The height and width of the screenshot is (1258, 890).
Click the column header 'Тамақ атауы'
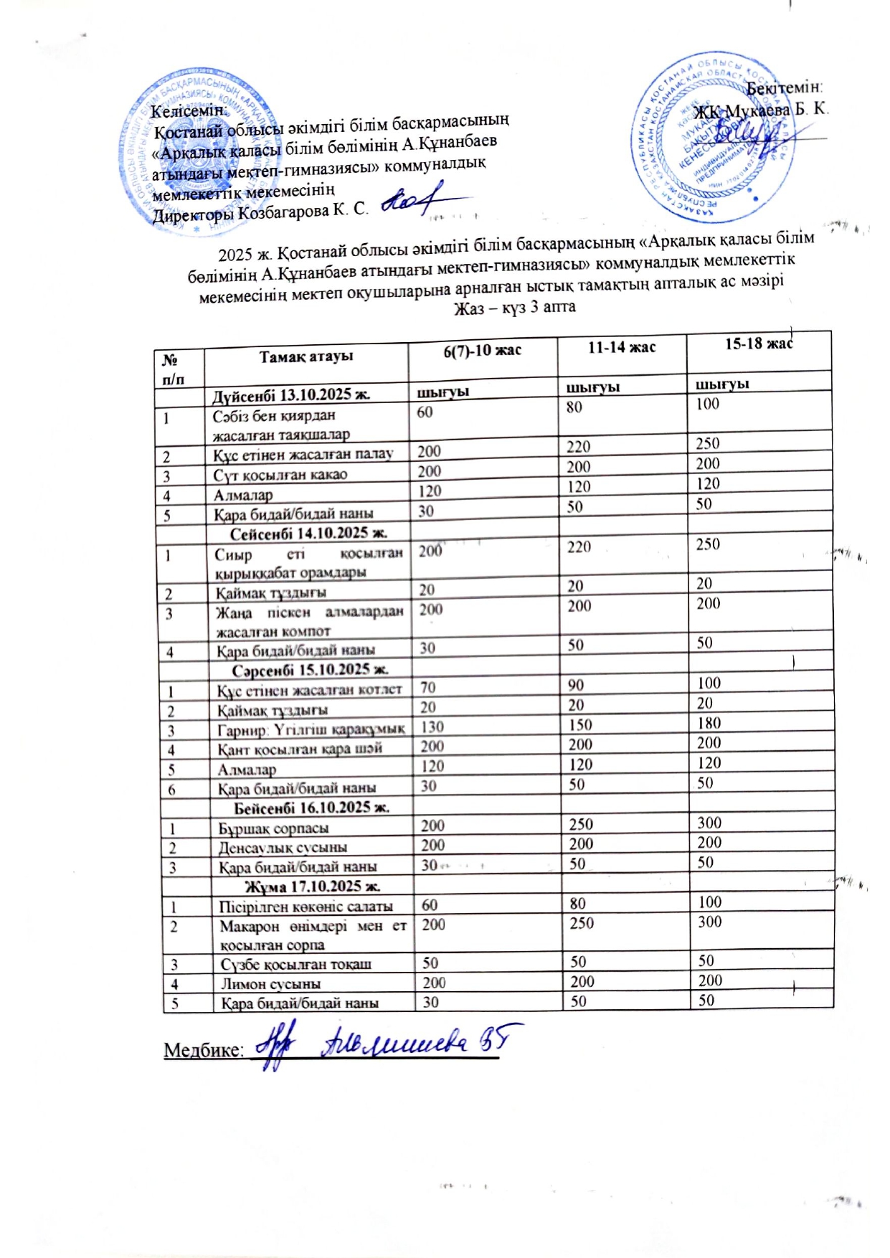(306, 356)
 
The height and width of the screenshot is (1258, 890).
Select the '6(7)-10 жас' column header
(482, 351)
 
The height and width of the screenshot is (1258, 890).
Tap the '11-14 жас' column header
(622, 347)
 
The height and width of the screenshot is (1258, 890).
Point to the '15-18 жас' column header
(758, 344)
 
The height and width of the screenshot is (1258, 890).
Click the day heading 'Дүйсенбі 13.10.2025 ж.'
(290, 394)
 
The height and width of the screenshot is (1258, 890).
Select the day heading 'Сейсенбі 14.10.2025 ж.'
(308, 533)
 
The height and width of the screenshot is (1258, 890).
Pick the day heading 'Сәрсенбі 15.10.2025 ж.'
(310, 670)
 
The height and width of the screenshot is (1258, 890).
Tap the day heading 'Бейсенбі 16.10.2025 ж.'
(312, 808)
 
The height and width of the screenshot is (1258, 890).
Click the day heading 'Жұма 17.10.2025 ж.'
(313, 886)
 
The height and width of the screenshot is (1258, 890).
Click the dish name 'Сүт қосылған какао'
(280, 475)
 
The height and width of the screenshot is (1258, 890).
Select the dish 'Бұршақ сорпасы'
(274, 828)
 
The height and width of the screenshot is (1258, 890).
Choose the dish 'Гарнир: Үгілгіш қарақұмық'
(311, 729)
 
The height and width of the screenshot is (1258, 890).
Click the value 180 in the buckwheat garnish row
(709, 723)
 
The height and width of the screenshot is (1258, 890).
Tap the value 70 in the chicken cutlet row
(428, 687)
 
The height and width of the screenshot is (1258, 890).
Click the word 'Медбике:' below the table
(204, 1050)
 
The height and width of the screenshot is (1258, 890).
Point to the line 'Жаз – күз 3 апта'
(515, 307)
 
